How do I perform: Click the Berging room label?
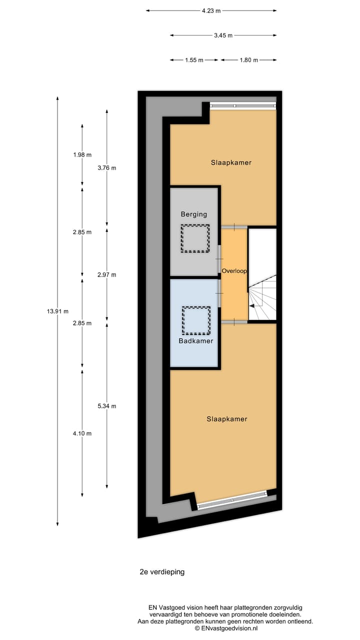click(194, 214)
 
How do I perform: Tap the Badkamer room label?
click(196, 341)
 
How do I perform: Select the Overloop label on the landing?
click(234, 270)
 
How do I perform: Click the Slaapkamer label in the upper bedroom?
click(230, 162)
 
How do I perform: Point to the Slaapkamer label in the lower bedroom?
click(227, 419)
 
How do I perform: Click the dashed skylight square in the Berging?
click(195, 238)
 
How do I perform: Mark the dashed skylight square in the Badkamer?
click(196, 320)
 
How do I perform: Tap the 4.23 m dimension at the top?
click(211, 10)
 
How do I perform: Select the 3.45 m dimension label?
click(223, 35)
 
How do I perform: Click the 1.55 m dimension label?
click(194, 60)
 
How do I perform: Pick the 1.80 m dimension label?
click(248, 60)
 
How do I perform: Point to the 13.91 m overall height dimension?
click(57, 311)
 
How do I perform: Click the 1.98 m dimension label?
click(82, 154)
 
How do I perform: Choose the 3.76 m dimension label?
click(107, 168)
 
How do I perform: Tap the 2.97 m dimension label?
click(107, 274)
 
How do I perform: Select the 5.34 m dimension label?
click(107, 406)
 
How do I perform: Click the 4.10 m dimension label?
click(82, 433)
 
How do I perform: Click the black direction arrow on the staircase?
click(253, 306)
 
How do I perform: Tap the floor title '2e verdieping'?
click(162, 572)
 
